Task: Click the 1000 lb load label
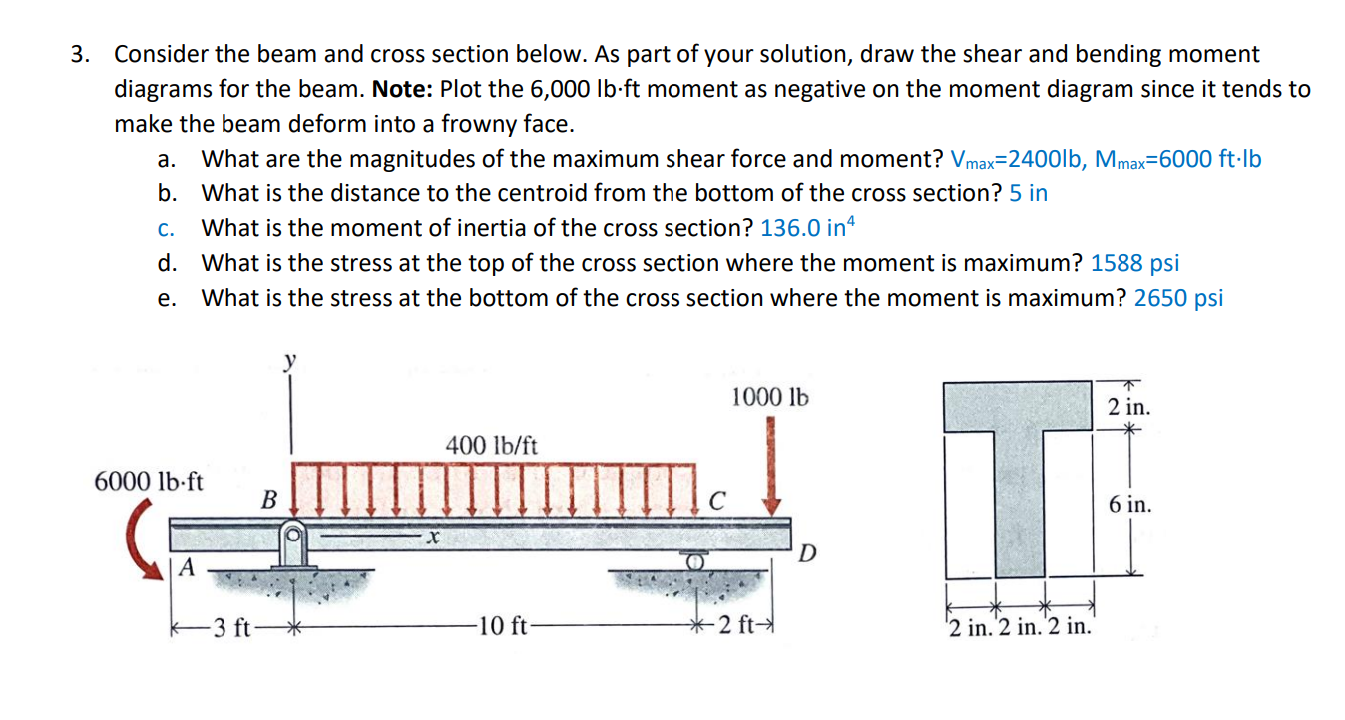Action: tap(769, 397)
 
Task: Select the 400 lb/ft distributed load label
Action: tap(491, 445)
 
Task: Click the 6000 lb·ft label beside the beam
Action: tap(148, 481)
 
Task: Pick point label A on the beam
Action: tap(187, 566)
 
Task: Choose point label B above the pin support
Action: tap(268, 498)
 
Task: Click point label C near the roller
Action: tap(716, 498)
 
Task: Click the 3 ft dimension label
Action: tap(235, 627)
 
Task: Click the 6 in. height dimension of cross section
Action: tap(1129, 504)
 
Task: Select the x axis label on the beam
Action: tap(430, 539)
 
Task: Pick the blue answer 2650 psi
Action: tap(1178, 298)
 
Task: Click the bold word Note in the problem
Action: tap(401, 89)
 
